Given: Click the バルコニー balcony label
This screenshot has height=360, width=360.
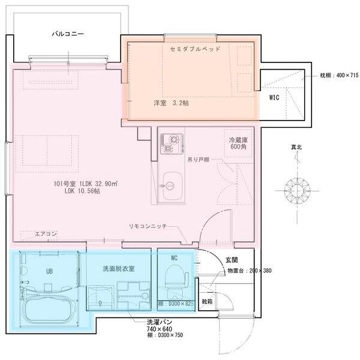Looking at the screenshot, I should coord(67,34).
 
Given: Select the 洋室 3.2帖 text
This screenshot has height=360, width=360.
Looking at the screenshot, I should coord(170,103).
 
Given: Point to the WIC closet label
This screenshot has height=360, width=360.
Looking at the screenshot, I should coord(274,97).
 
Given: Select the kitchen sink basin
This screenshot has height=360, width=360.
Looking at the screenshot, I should coord(172,182).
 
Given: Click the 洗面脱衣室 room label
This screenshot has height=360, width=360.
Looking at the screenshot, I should coord(118,268).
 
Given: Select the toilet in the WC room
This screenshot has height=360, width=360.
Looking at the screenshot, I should coord(174,280).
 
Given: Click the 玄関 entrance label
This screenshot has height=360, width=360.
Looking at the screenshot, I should coord(232,260).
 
